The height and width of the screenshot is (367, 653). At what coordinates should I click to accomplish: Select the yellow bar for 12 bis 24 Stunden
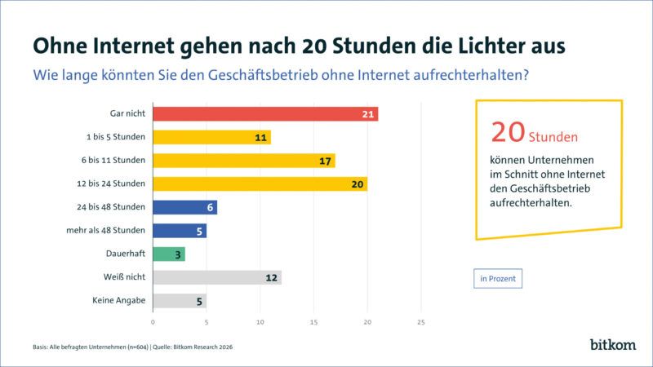[260, 183]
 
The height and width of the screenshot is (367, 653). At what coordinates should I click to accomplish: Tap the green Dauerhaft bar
[169, 254]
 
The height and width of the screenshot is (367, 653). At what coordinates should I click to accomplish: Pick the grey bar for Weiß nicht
[216, 277]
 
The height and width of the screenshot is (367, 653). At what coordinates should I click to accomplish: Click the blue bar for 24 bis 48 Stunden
[184, 207]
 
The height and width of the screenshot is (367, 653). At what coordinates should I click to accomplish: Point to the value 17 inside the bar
[326, 161]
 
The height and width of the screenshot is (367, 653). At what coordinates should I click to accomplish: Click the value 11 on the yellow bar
[261, 137]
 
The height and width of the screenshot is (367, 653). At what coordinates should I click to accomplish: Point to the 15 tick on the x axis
[313, 322]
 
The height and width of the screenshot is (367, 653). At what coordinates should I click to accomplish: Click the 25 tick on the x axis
[420, 322]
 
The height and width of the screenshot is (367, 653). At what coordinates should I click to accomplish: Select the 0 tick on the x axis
[153, 322]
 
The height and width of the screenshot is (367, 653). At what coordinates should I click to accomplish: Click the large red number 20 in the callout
[508, 131]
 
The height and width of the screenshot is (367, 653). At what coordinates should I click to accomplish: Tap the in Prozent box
[497, 279]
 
